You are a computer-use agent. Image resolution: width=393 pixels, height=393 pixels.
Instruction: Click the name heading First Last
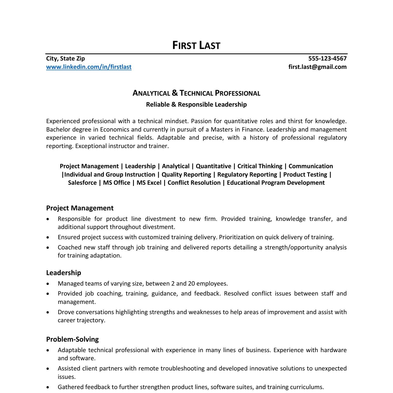pos(196,45)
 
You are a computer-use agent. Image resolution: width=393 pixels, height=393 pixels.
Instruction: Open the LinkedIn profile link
pos(89,67)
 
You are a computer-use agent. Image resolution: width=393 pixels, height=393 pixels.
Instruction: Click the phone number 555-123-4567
pos(327,58)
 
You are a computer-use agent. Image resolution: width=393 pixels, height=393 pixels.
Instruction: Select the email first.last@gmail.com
pos(317,67)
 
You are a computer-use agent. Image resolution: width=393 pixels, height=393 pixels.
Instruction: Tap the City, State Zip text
pos(65,58)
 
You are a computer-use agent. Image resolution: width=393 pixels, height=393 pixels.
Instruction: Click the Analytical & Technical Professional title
pos(196,93)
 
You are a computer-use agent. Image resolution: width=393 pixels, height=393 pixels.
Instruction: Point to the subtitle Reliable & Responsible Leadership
pos(196,105)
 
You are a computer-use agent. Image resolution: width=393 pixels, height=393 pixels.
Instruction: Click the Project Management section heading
pos(80,208)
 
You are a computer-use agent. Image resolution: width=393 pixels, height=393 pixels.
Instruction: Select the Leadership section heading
pos(63,273)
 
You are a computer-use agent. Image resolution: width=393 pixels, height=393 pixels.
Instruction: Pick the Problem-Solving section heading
pos(72,339)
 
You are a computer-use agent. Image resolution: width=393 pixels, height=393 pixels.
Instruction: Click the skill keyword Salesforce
pos(82,183)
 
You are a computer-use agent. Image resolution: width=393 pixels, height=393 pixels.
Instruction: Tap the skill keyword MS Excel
pos(149,183)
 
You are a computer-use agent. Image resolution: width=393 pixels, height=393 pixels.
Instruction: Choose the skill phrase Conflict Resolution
pos(194,183)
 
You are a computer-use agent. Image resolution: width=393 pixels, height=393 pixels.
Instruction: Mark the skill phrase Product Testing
pos(305,174)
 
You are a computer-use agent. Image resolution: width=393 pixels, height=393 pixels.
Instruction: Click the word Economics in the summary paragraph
pos(114,129)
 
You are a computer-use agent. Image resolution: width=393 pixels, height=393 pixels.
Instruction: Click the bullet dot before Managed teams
pos(47,284)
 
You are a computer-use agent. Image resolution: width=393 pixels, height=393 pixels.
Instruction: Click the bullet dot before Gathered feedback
pos(47,387)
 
